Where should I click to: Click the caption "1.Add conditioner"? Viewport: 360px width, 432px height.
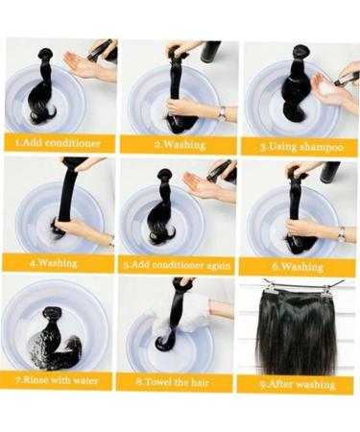[x=59, y=143]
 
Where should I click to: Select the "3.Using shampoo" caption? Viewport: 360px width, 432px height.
[x=301, y=146]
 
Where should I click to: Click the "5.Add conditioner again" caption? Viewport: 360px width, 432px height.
[x=177, y=262]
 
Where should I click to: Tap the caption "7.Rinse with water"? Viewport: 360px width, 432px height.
[x=58, y=379]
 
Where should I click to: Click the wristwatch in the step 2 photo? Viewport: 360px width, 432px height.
[x=222, y=112]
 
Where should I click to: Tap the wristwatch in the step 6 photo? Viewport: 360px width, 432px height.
[x=342, y=231]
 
